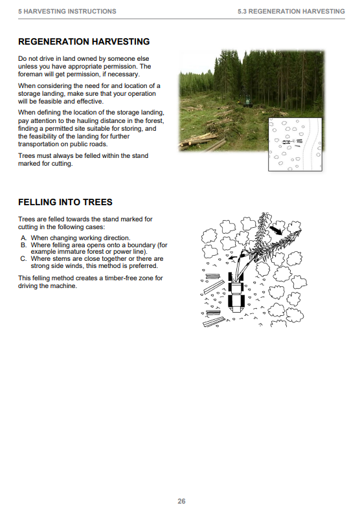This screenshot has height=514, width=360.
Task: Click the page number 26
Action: pos(181,501)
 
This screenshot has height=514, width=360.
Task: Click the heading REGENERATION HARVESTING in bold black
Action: pos(84,41)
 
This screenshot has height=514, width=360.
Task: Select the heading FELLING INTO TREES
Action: pos(65,202)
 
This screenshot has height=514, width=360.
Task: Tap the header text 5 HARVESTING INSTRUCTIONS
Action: pos(67,12)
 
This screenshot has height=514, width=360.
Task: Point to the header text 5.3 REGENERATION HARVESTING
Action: pos(291,12)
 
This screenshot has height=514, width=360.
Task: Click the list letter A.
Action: pos(23,238)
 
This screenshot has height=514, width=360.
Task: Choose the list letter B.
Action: pos(23,245)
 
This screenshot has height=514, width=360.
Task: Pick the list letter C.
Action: pos(23,259)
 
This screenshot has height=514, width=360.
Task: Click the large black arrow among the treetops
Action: pos(276,230)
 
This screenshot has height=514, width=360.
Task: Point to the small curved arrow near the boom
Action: pos(232,258)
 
